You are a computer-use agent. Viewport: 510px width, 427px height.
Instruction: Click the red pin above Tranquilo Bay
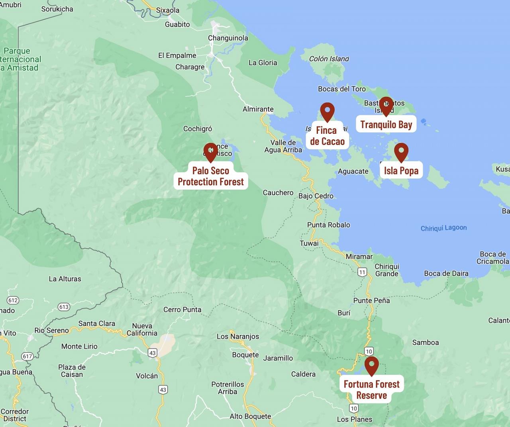coord(386,105)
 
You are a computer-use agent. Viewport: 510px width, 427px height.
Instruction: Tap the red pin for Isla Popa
coord(401,151)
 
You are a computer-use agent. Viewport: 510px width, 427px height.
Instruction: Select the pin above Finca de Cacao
coord(327,111)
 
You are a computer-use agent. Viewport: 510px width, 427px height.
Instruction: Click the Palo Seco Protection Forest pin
coord(210,152)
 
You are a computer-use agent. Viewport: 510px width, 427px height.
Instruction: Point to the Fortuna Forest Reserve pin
coord(371,365)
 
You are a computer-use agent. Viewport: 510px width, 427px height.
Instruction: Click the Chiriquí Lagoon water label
coord(443,228)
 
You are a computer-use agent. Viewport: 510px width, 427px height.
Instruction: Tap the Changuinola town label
coord(228,38)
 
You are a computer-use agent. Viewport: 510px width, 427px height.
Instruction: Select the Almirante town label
coord(258,109)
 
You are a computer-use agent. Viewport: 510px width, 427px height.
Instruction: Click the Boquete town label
coord(245,355)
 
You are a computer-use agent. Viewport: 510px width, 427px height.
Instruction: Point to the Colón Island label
coord(329,59)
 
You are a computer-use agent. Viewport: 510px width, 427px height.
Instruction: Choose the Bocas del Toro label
coord(341,89)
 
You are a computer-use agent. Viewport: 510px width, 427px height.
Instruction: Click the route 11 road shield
coord(362,272)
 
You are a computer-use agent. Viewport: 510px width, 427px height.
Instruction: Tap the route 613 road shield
coord(64,307)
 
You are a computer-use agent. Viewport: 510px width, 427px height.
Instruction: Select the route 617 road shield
coord(27,356)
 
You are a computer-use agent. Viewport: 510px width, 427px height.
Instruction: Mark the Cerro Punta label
coord(182,309)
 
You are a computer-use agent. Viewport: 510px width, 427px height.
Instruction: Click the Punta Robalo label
coord(328,225)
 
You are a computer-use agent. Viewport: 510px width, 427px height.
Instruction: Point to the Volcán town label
coord(147,376)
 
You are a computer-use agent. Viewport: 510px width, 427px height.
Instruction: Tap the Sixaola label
coord(168,10)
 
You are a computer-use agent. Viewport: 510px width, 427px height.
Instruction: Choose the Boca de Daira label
coord(446,273)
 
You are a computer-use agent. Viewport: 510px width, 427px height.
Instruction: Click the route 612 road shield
coord(13,300)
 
